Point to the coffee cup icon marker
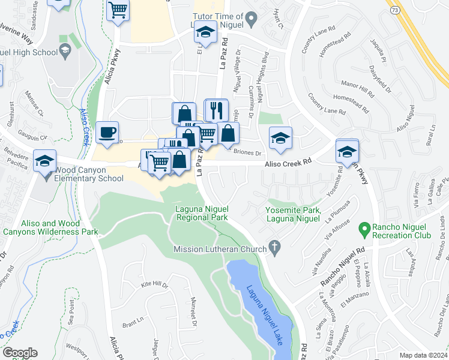[x=107, y=133]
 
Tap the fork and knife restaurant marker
[x=216, y=110]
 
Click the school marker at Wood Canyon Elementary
[x=45, y=162]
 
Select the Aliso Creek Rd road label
[x=290, y=162]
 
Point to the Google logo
[x=20, y=353]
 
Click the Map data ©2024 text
[x=423, y=355]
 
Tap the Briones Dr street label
[x=248, y=152]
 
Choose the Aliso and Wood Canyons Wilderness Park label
[x=50, y=227]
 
